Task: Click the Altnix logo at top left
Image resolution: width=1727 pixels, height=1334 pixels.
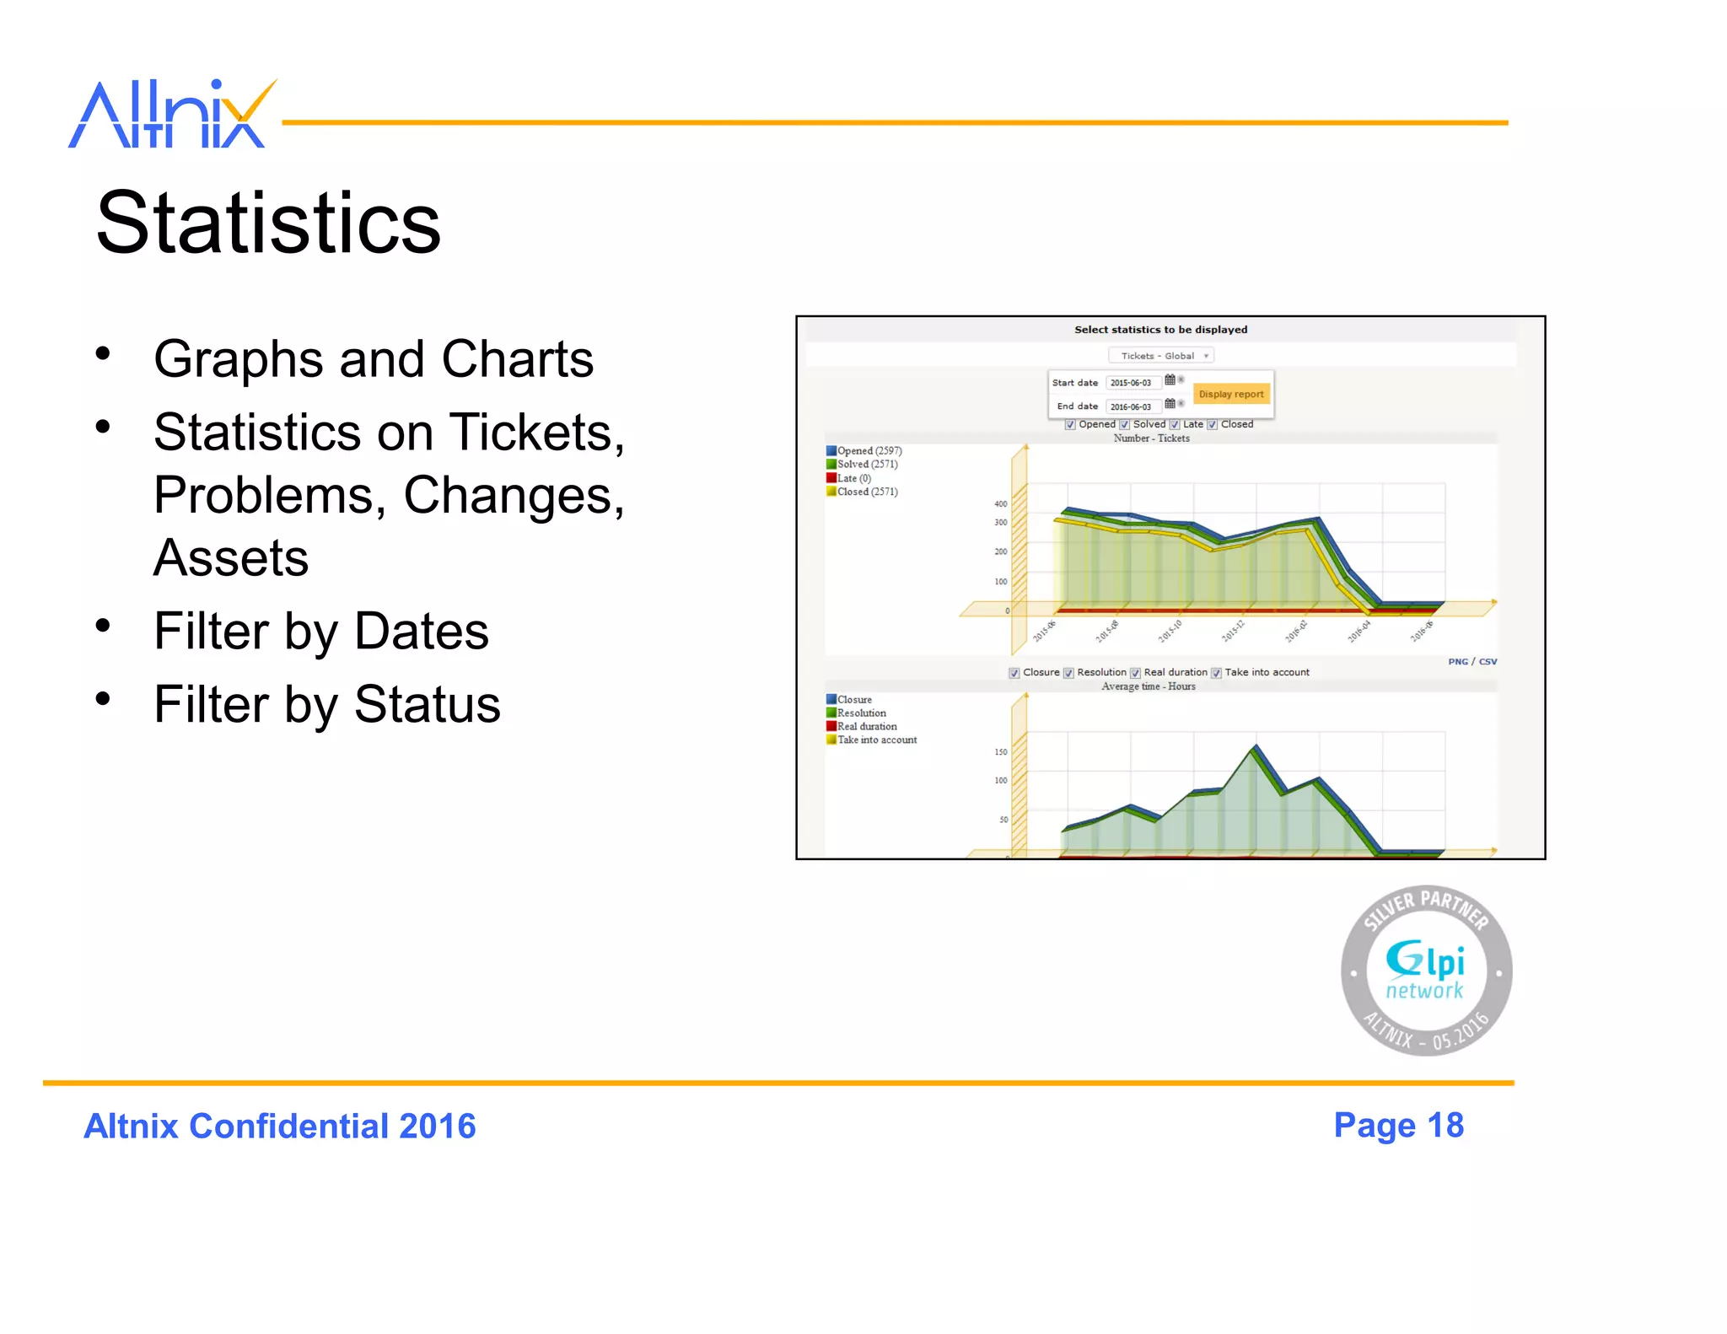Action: (172, 115)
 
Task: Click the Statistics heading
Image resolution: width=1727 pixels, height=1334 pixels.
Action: (268, 223)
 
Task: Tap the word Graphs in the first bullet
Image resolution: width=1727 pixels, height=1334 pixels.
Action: (238, 360)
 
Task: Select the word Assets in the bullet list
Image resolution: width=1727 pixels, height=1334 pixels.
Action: (231, 558)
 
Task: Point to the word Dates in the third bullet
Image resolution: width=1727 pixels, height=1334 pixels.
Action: (422, 632)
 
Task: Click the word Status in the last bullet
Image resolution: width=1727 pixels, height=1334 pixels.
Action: (427, 705)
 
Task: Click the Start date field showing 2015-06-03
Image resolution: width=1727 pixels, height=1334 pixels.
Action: (1131, 383)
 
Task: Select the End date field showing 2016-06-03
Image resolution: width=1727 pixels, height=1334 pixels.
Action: (1131, 406)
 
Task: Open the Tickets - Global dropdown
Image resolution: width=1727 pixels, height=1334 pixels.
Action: (1160, 356)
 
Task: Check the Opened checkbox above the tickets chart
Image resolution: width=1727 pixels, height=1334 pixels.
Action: (1070, 425)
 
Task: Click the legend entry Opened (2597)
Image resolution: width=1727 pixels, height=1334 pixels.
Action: (869, 451)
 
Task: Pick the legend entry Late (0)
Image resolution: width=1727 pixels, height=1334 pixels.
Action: (853, 478)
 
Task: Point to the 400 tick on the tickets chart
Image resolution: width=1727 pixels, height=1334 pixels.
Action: (1001, 504)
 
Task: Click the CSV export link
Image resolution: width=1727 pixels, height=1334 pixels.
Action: (1488, 662)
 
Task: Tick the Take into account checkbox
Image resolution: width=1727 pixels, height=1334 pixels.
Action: (1216, 673)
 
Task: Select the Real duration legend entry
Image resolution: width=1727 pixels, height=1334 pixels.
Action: (866, 727)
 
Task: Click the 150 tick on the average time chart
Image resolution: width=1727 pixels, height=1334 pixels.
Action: (1001, 752)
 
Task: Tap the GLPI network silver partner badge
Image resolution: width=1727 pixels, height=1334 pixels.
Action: (1426, 971)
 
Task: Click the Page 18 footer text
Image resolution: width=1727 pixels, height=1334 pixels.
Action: (1398, 1126)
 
